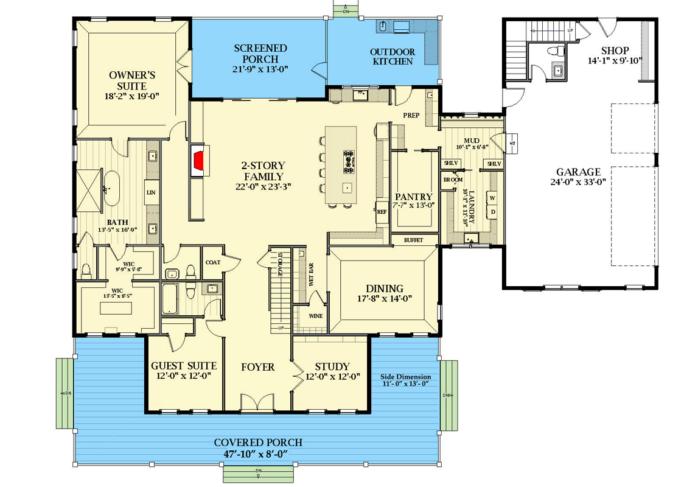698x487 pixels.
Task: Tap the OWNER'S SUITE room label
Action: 132,81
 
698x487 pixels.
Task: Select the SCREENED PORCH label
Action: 260,54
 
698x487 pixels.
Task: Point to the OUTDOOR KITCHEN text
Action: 393,57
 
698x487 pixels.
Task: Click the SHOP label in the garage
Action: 615,50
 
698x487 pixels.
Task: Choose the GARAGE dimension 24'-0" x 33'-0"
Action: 578,181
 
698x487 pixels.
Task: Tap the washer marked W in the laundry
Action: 492,198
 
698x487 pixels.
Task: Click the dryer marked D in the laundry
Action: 492,212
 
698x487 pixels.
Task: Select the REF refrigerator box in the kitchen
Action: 382,212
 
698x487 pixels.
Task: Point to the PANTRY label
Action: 413,197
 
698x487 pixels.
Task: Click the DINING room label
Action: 384,289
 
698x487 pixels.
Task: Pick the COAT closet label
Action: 212,262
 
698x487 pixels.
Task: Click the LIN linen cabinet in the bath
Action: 151,193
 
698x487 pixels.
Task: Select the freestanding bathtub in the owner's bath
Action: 112,189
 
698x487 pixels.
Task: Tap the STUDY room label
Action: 332,366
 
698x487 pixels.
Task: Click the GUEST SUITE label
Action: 184,366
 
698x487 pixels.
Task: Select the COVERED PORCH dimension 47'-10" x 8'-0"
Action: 257,454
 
